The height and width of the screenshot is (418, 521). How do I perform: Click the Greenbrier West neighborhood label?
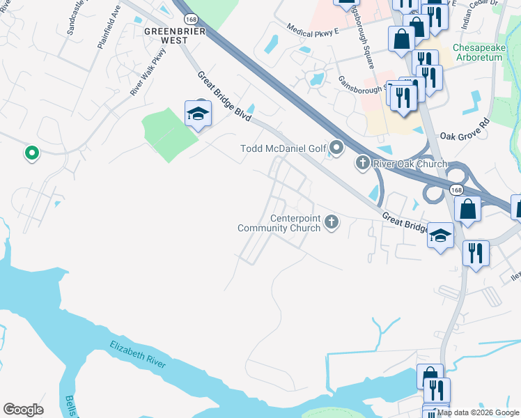pyautogui.click(x=166, y=36)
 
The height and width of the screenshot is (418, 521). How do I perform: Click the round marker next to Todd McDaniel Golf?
pyautogui.click(x=337, y=148)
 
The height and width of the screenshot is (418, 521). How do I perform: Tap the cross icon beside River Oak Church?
pyautogui.click(x=362, y=164)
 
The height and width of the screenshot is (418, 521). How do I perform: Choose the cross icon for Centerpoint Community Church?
pyautogui.click(x=332, y=222)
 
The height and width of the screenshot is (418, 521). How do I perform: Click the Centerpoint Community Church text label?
pyautogui.click(x=279, y=223)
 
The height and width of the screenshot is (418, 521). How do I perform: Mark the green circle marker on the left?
pyautogui.click(x=31, y=153)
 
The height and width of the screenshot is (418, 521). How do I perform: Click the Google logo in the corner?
pyautogui.click(x=23, y=410)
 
